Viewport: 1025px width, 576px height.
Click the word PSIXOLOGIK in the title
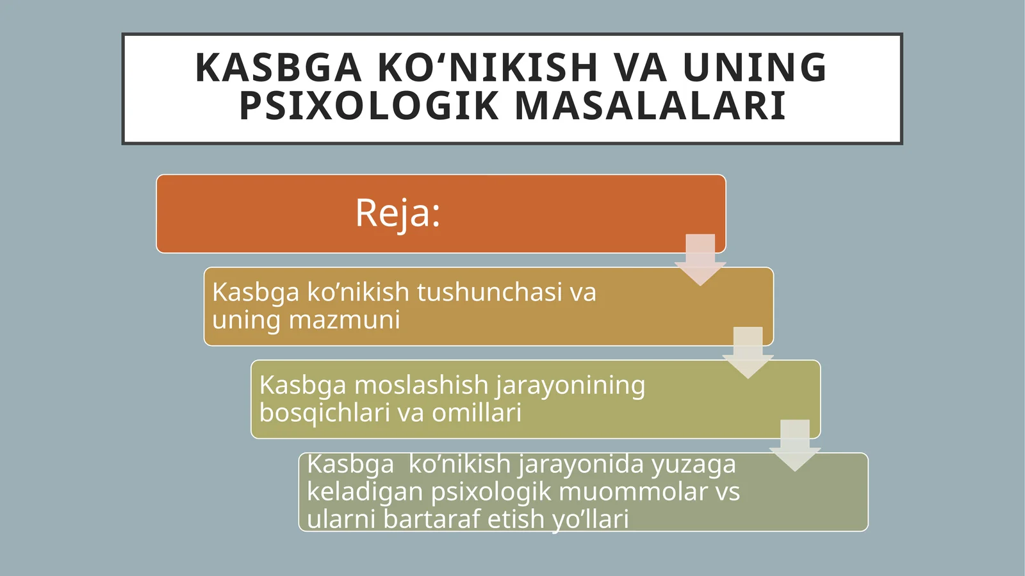tap(368, 106)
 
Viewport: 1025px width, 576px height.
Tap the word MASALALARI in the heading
tap(650, 106)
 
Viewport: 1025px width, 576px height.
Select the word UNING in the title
tap(755, 68)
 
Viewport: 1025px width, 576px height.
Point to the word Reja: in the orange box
tap(398, 213)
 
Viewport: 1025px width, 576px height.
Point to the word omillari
tap(477, 413)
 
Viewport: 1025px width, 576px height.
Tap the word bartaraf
tap(431, 519)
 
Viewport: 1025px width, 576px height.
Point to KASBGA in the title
tap(278, 68)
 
